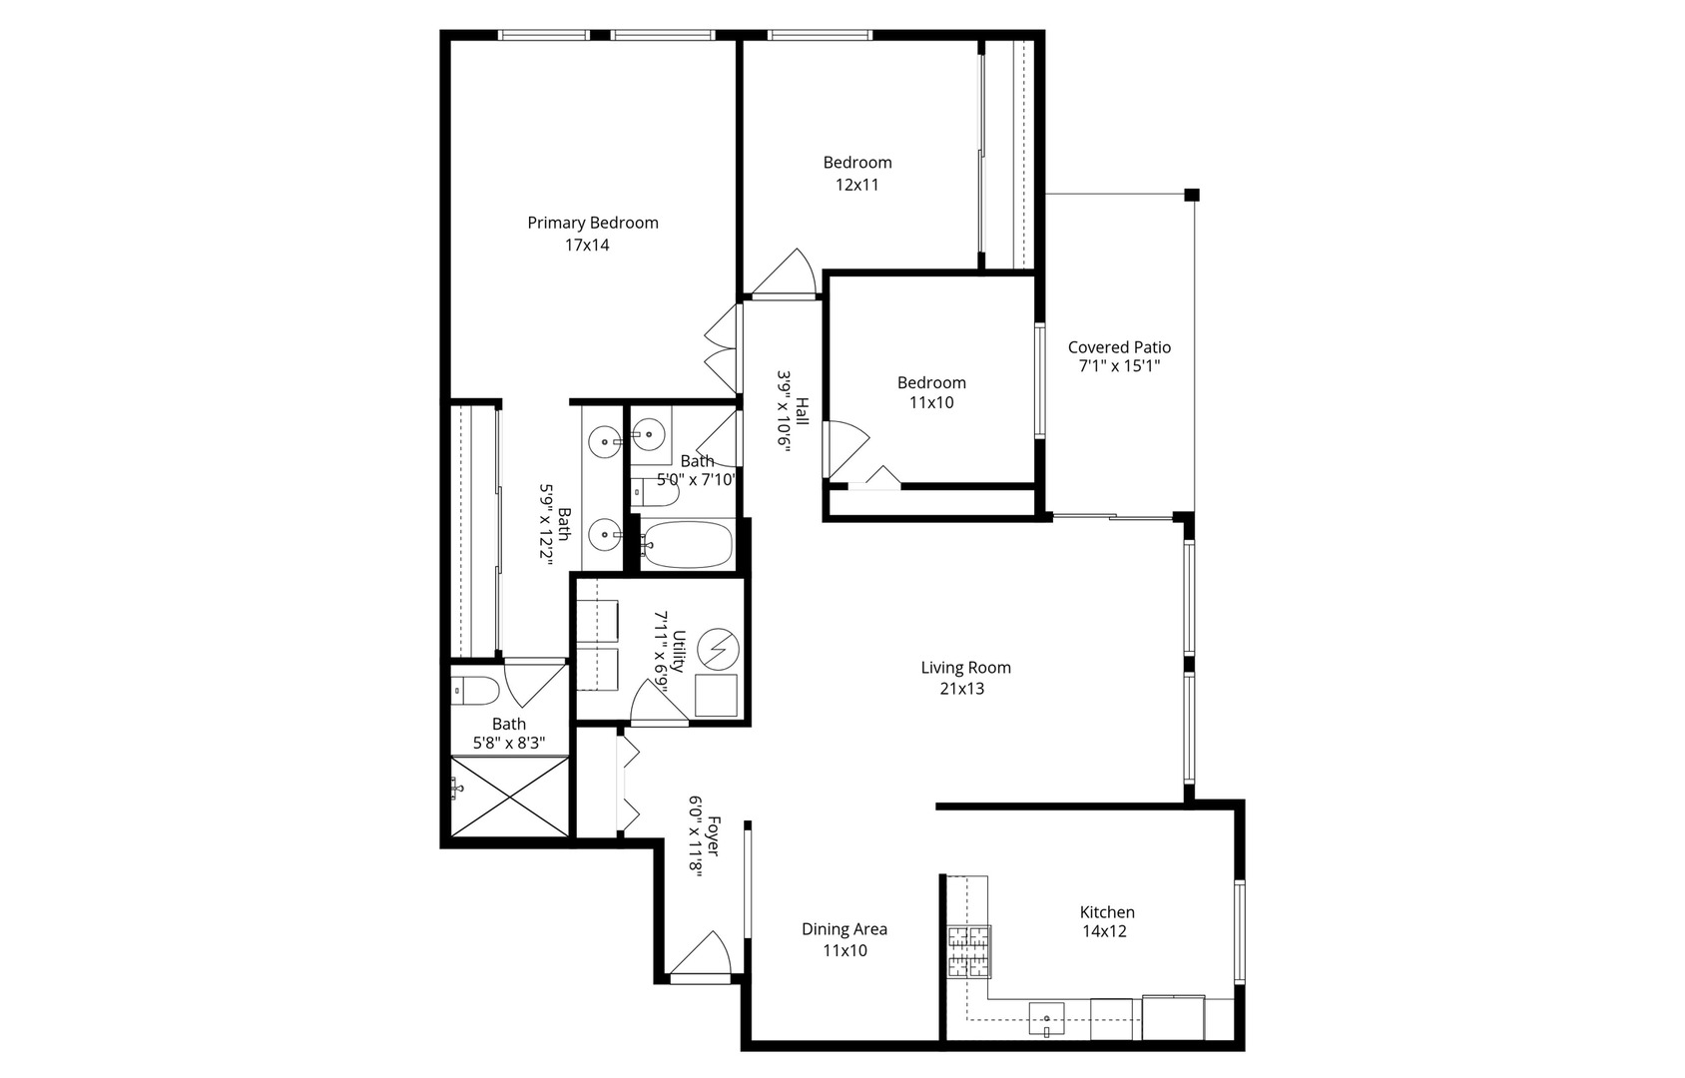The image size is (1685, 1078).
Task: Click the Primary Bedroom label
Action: tap(592, 223)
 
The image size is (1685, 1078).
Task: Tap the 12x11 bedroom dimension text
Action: tap(856, 185)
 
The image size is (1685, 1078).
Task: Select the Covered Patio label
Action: tap(1118, 347)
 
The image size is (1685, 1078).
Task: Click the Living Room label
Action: tap(965, 668)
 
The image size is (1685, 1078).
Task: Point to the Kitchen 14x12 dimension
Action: tap(1104, 931)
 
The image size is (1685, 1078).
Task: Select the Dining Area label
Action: tap(843, 929)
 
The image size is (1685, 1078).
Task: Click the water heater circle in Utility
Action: tap(718, 650)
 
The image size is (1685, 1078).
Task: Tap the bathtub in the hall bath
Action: tap(687, 544)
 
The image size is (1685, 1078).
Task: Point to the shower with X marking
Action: tap(509, 796)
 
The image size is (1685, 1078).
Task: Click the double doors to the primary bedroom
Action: tap(723, 349)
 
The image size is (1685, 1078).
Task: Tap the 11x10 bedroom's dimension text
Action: tap(930, 403)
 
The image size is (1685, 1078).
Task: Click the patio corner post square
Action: tap(1191, 195)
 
